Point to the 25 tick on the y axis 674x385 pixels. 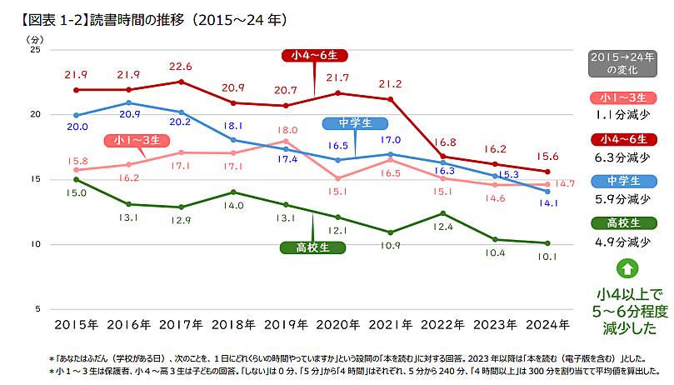(35, 50)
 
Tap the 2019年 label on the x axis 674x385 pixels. (287, 324)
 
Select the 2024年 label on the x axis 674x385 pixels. (547, 324)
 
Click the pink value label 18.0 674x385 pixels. (287, 130)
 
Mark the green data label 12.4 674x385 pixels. (442, 227)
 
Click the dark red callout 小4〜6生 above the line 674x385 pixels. (314, 56)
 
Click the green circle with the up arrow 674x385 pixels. (627, 268)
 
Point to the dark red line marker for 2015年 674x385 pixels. (76, 90)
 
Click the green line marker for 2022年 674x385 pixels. (443, 212)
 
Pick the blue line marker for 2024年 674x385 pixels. (547, 192)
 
